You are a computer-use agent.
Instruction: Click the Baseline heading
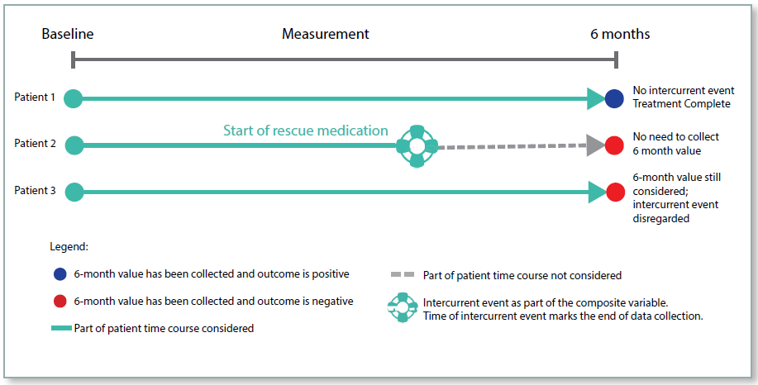(x=68, y=34)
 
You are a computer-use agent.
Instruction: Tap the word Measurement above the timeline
(x=325, y=34)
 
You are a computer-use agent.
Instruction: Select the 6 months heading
(x=619, y=34)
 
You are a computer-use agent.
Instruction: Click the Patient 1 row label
(x=35, y=97)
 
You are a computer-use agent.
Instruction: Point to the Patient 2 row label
(x=35, y=144)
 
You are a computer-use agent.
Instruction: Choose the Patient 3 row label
(x=35, y=191)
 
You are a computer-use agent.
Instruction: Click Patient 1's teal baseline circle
(x=74, y=98)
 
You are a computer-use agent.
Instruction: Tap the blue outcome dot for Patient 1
(x=614, y=98)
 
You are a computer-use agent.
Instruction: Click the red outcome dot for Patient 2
(x=614, y=145)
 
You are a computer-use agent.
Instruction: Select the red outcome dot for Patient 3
(x=615, y=192)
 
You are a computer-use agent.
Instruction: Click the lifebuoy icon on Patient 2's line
(x=417, y=146)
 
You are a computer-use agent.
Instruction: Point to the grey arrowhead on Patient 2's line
(x=595, y=145)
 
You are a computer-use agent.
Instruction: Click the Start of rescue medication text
(x=305, y=131)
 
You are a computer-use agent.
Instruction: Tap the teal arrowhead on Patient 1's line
(x=596, y=98)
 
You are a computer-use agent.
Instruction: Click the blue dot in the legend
(x=58, y=274)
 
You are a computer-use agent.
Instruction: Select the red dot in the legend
(x=58, y=302)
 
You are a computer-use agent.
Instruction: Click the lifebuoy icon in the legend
(x=403, y=307)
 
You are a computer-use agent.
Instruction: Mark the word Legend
(x=69, y=246)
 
